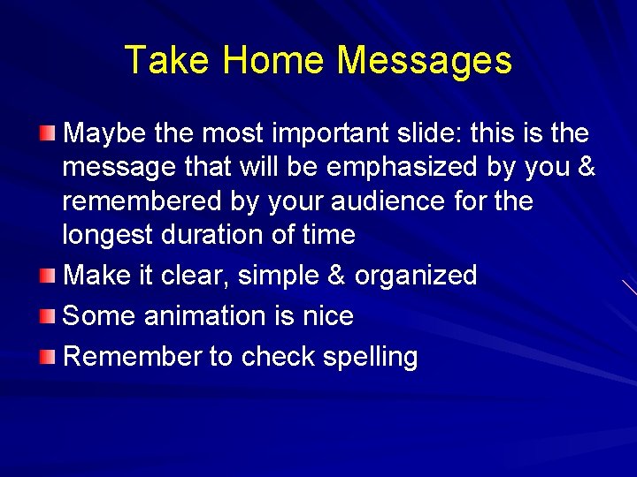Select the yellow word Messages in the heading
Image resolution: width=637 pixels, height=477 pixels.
(x=425, y=61)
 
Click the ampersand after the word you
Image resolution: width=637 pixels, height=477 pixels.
(x=586, y=167)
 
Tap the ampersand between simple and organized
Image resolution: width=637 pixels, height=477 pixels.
(x=336, y=275)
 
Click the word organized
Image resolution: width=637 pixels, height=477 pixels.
(x=416, y=276)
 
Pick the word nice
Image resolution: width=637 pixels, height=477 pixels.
(x=327, y=315)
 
